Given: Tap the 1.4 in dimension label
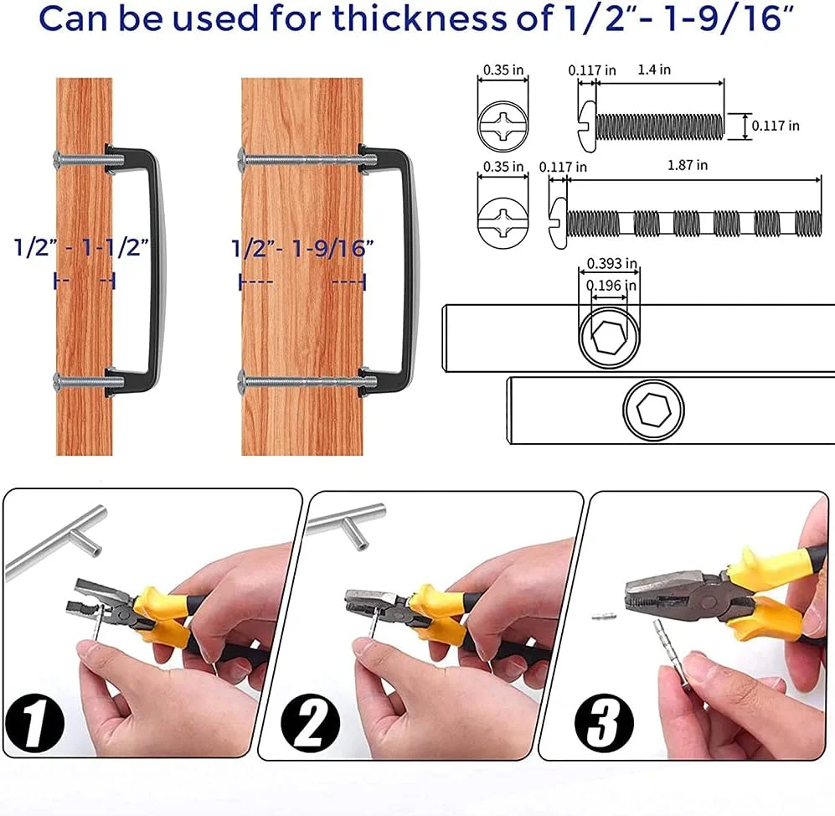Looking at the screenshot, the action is (x=654, y=70).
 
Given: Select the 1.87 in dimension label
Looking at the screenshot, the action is (x=688, y=165).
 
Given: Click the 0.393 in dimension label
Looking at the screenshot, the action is (x=612, y=263).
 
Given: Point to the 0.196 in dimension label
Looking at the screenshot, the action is (x=611, y=286).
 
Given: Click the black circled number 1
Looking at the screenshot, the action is (x=35, y=723).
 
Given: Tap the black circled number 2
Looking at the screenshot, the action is (x=311, y=723).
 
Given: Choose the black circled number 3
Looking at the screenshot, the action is (x=605, y=723).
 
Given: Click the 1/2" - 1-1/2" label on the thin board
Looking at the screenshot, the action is (x=81, y=248).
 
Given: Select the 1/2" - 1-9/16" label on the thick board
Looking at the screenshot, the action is (x=302, y=248).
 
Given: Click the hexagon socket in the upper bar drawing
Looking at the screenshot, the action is (x=609, y=338).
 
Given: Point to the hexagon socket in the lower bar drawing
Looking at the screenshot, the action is (x=653, y=411).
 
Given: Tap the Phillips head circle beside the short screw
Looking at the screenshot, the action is (x=503, y=127).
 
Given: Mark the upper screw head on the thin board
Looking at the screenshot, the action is (x=57, y=158).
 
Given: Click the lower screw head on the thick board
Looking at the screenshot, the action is (x=242, y=380).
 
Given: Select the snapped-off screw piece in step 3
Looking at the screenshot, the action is (x=604, y=617).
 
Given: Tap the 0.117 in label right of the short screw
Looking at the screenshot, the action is (x=776, y=126).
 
